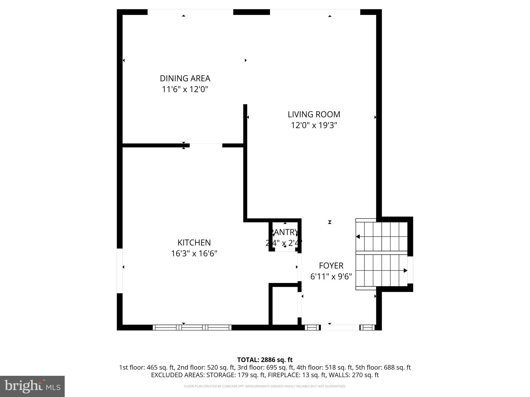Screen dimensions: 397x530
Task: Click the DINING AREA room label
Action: click(x=185, y=78)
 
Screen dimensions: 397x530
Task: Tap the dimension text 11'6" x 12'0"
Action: click(x=185, y=89)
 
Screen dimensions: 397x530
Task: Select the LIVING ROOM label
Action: click(x=314, y=114)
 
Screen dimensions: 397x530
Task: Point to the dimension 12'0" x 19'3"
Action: click(x=314, y=125)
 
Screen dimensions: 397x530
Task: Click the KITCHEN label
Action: click(x=194, y=242)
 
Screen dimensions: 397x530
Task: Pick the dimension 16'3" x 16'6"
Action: click(x=194, y=254)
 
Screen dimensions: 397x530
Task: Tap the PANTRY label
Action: click(x=284, y=232)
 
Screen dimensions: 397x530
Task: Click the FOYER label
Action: click(x=331, y=265)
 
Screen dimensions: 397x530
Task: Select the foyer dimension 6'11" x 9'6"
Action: click(x=331, y=277)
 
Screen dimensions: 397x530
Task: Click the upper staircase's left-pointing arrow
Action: click(x=358, y=236)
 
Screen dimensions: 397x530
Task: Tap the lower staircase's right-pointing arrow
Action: click(x=405, y=271)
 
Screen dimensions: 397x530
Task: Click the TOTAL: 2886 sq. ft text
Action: click(x=265, y=360)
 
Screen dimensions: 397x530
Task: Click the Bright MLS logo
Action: click(x=32, y=386)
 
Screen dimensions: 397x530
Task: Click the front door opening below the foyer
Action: click(x=340, y=327)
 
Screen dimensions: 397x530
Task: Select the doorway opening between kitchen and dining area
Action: click(x=206, y=145)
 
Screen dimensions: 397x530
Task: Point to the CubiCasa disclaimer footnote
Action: click(x=265, y=386)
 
